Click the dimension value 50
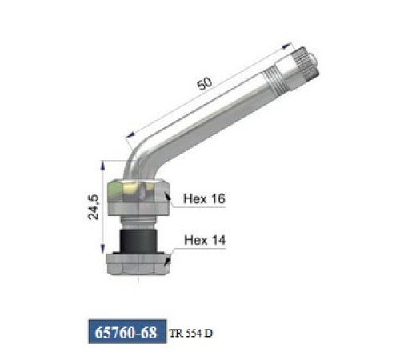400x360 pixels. point(205,84)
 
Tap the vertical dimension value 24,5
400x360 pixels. point(94,207)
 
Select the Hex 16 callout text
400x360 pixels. point(204,198)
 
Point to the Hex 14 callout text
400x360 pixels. point(205,240)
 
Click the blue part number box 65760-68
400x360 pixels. point(127,331)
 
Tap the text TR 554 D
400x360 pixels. point(191,334)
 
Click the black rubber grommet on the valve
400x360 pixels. point(138,240)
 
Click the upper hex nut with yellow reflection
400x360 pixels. point(138,191)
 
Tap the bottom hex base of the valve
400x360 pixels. point(138,264)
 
